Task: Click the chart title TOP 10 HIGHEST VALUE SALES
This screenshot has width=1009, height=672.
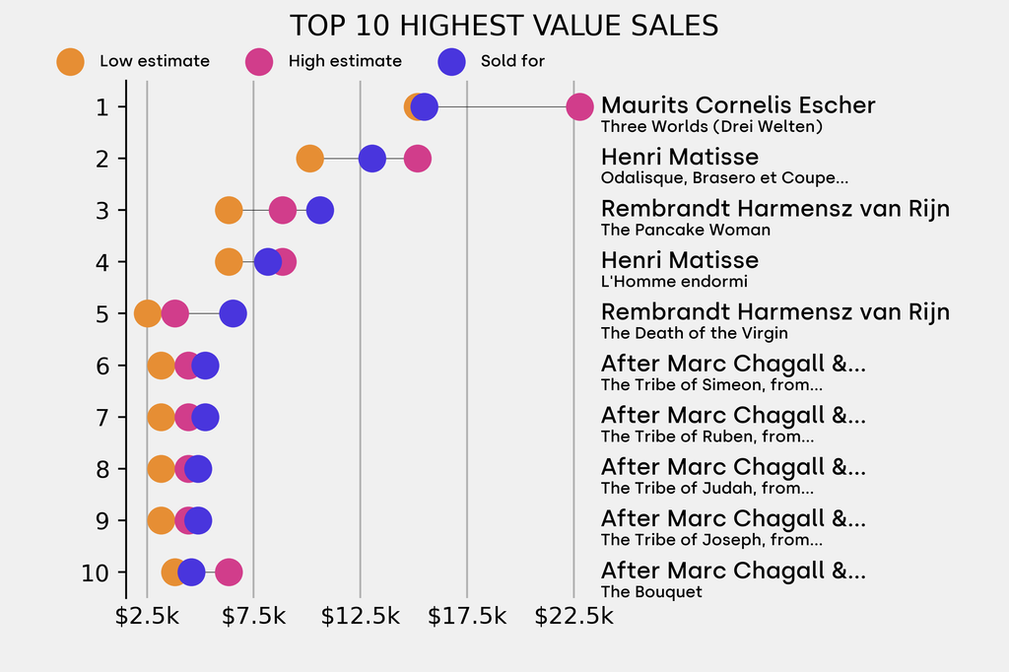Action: point(504,26)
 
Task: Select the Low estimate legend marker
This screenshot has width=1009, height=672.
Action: point(70,61)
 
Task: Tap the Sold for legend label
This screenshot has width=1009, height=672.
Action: point(512,61)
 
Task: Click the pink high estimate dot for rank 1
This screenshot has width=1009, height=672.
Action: point(580,106)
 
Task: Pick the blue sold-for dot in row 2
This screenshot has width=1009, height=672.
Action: point(371,159)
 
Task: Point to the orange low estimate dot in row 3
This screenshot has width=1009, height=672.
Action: point(229,210)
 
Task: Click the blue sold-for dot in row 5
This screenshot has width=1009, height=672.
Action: point(233,314)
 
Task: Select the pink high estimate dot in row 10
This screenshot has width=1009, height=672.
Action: point(229,572)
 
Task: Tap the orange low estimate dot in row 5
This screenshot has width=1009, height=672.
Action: point(147,314)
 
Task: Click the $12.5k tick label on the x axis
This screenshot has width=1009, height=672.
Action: point(360,618)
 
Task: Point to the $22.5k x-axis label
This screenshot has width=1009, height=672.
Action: point(573,618)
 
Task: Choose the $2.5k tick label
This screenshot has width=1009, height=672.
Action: point(147,618)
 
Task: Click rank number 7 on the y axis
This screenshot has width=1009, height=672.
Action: point(101,418)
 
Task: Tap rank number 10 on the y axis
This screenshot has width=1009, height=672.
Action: point(95,572)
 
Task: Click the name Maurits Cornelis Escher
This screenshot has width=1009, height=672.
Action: point(738,105)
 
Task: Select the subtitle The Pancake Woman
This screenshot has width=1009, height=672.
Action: point(686,230)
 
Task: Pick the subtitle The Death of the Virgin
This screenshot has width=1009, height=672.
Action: point(694,333)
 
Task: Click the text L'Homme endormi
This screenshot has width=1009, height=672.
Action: point(674,282)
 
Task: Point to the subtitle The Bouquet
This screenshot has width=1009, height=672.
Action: point(651,592)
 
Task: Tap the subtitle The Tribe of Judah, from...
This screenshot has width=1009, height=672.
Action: point(706,488)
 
